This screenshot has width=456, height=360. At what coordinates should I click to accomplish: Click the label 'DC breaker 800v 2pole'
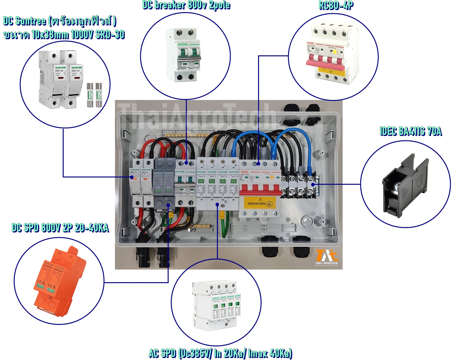pos(186,5)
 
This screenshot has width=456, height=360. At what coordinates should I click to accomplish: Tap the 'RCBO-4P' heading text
pos(336,5)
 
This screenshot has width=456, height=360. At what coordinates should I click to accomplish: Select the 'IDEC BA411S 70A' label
pos(410,131)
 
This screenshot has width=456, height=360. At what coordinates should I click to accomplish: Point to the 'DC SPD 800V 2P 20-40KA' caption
pos(60,227)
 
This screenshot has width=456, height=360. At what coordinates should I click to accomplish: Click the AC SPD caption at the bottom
pos(220,353)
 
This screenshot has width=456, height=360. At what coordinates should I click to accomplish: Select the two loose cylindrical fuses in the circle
pos(94,95)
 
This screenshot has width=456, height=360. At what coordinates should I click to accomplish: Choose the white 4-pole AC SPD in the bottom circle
pos(215,305)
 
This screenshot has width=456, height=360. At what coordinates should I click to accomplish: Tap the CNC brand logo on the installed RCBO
pos(245,172)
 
